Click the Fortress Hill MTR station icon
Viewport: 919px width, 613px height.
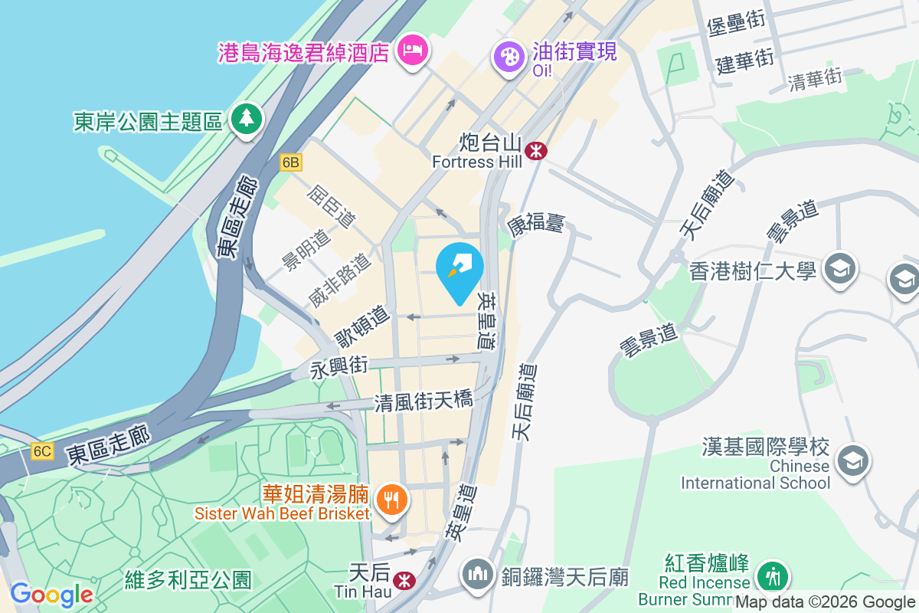click(536, 151)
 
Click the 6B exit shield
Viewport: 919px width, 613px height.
click(291, 162)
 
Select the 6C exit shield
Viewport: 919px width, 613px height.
click(42, 451)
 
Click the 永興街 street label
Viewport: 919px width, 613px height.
click(339, 369)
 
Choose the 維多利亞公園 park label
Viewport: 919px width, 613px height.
click(188, 579)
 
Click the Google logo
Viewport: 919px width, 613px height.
click(51, 595)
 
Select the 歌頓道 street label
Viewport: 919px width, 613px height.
click(363, 326)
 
